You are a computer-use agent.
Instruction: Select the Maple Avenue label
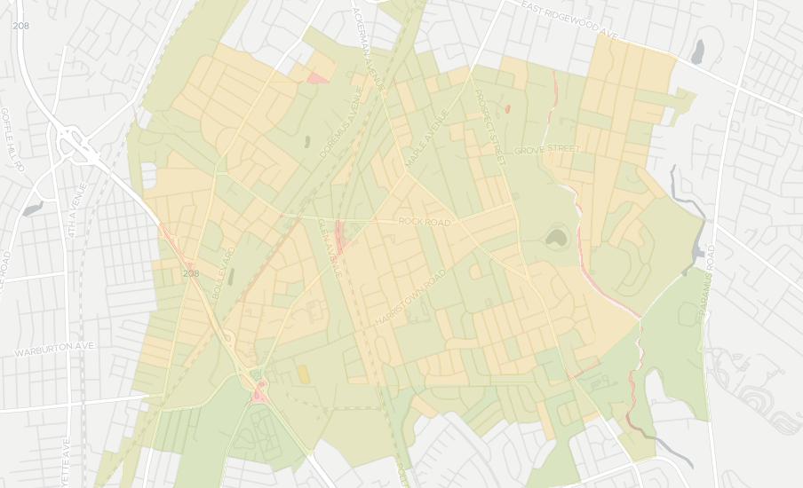tap(425, 140)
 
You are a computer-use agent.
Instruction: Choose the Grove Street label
tap(547, 150)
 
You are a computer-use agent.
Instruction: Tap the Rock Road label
tap(425, 221)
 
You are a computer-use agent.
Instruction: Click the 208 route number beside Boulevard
tap(191, 273)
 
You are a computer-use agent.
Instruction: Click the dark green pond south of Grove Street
tap(556, 237)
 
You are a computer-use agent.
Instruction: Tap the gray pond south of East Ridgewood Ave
tap(697, 51)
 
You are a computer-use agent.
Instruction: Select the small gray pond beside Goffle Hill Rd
tap(33, 209)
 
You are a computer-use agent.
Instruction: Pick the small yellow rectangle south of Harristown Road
tap(304, 374)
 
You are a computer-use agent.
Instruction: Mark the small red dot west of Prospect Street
tap(507, 109)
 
